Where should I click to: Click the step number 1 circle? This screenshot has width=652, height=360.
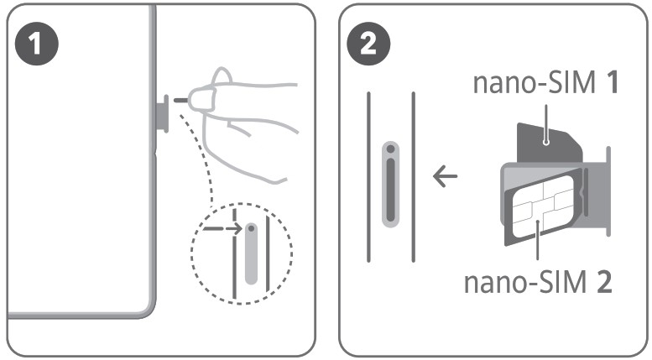click(x=37, y=44)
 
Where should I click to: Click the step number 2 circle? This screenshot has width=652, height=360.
click(x=368, y=44)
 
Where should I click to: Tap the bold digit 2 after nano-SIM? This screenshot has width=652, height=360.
click(x=604, y=282)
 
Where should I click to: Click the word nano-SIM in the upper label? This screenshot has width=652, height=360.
click(x=535, y=82)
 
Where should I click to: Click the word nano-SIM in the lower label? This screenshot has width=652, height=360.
click(x=525, y=282)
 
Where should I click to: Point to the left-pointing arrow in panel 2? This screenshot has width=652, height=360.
click(x=445, y=176)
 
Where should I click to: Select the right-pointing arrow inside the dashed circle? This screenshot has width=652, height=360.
click(x=222, y=228)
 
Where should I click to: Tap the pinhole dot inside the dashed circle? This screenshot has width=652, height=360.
click(x=251, y=228)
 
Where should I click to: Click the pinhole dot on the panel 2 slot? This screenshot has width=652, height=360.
click(x=390, y=149)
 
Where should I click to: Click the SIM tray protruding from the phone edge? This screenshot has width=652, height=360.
click(x=161, y=113)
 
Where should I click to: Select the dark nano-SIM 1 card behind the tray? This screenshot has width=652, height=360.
click(x=548, y=142)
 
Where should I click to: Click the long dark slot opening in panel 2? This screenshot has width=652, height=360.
click(x=390, y=189)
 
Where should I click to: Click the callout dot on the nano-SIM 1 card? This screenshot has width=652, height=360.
click(x=546, y=143)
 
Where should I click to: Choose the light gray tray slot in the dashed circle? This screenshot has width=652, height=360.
click(x=251, y=253)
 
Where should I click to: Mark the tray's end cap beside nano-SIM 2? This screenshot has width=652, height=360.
click(x=608, y=191)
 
